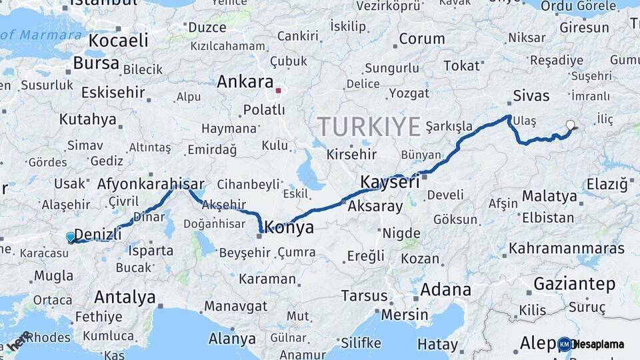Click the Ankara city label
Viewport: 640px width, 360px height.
(x=245, y=82)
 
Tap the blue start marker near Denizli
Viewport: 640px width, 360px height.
(x=71, y=237)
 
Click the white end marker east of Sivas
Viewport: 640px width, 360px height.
(x=570, y=124)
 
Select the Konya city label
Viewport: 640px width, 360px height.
(x=289, y=227)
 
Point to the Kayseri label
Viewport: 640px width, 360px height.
(x=390, y=182)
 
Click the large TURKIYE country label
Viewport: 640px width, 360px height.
(x=369, y=127)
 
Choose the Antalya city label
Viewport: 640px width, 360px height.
(x=125, y=297)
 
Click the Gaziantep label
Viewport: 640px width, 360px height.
(x=574, y=284)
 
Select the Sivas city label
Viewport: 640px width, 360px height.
(x=531, y=95)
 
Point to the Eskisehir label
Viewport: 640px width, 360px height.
(x=113, y=92)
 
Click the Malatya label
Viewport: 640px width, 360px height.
(x=549, y=196)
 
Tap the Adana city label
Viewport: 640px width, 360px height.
(x=445, y=290)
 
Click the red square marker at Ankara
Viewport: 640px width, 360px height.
(x=279, y=90)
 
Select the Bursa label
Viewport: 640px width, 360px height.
(x=96, y=63)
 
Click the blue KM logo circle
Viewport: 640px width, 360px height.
(x=565, y=344)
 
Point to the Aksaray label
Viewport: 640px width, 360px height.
(x=375, y=206)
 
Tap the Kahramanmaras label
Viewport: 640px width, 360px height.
(x=567, y=249)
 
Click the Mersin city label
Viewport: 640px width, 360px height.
(x=405, y=314)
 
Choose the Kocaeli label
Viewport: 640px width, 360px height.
(x=119, y=40)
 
